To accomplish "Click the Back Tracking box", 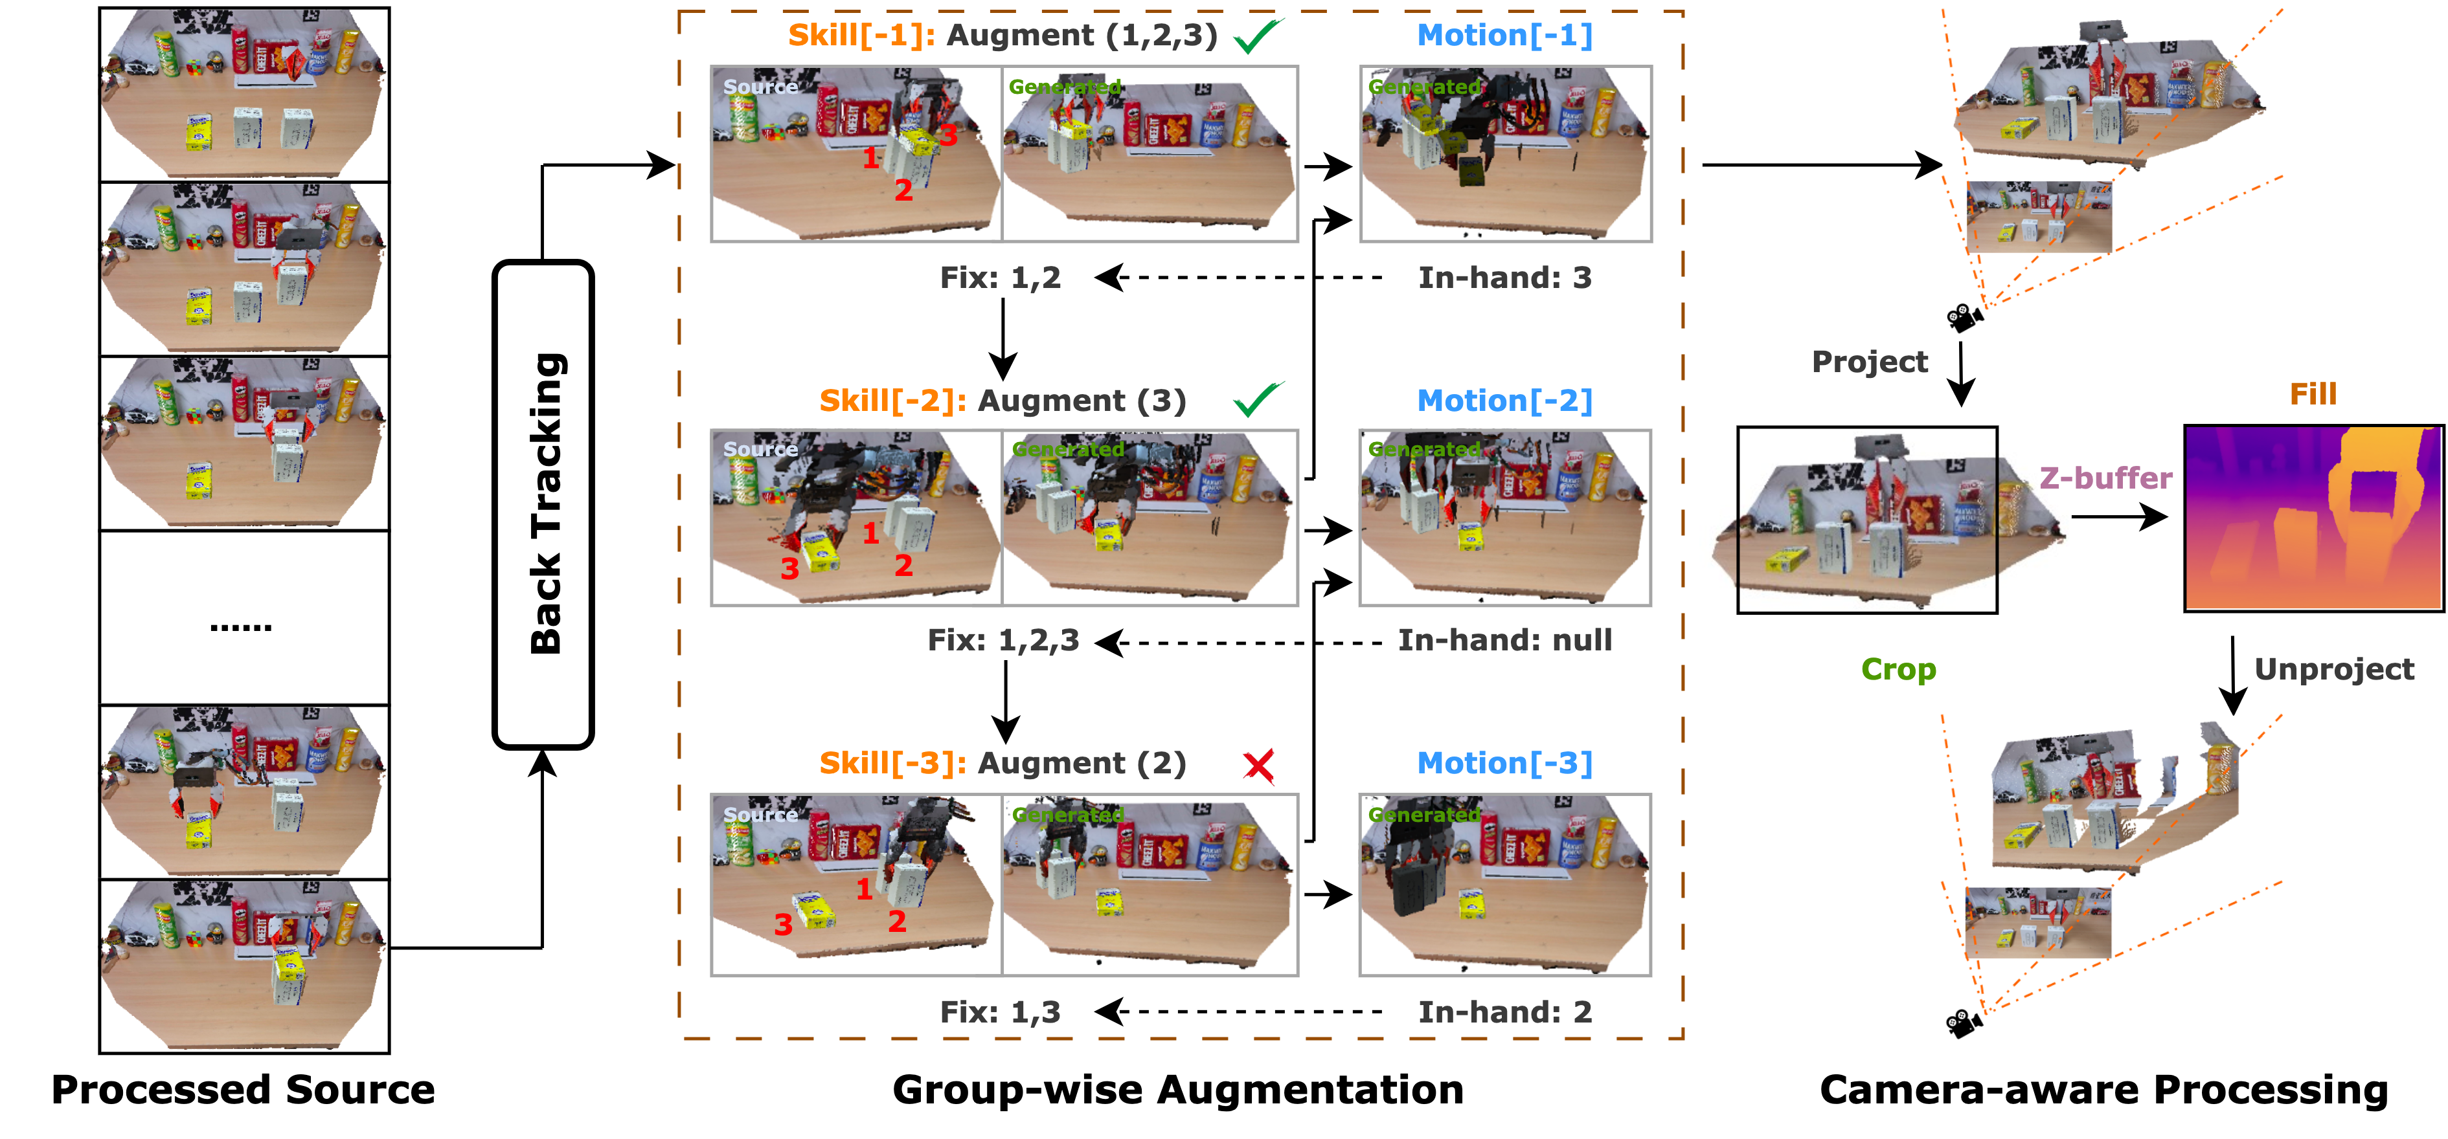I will tap(543, 504).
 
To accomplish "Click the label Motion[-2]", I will tap(1504, 401).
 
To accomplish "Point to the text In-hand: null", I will tap(1504, 640).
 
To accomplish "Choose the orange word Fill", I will tap(2312, 394).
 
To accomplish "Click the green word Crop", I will tap(1898, 670).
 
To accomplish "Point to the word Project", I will tap(1869, 362).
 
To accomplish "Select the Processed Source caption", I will tap(244, 1090).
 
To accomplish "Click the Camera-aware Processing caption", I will tap(2103, 1090).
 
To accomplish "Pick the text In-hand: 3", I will tap(1504, 278).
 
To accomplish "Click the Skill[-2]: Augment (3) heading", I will tap(1003, 401).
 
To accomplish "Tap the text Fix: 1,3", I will tap(1000, 1012).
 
